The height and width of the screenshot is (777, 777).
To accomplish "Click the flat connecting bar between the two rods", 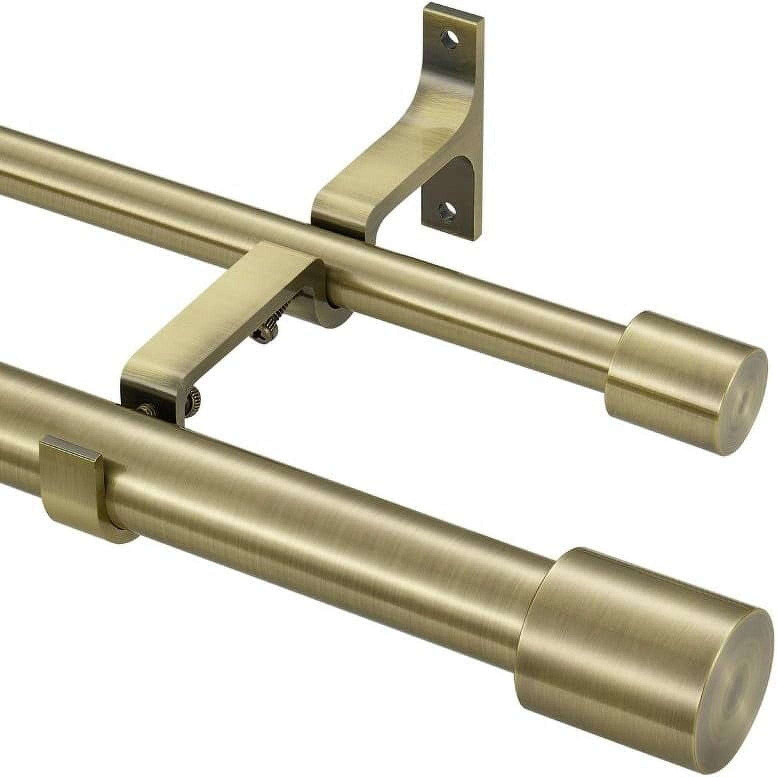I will click(220, 310).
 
